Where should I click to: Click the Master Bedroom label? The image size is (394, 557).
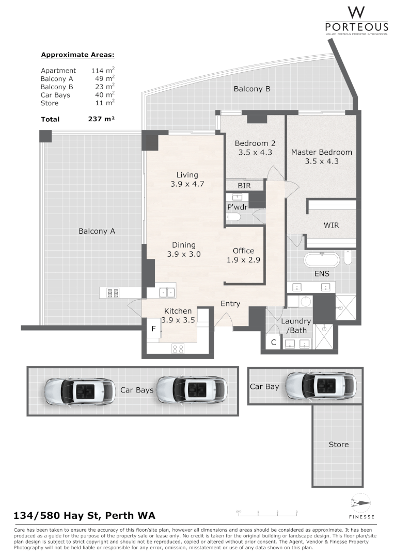pyautogui.click(x=321, y=152)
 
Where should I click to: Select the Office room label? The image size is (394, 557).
pyautogui.click(x=243, y=251)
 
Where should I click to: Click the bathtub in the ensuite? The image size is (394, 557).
pyautogui.click(x=321, y=259)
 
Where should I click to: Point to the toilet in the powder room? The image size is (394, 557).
pyautogui.click(x=234, y=217)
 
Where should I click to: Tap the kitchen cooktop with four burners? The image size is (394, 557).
pyautogui.click(x=178, y=349)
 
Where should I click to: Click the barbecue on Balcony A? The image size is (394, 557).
pyautogui.click(x=113, y=293)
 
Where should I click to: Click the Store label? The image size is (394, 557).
pyautogui.click(x=339, y=445)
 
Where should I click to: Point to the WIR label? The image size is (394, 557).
pyautogui.click(x=332, y=226)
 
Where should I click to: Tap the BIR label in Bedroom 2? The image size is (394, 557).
pyautogui.click(x=244, y=185)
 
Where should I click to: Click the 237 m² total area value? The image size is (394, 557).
pyautogui.click(x=101, y=119)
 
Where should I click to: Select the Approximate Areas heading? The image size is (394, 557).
pyautogui.click(x=77, y=55)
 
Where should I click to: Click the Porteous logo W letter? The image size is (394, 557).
pyautogui.click(x=356, y=12)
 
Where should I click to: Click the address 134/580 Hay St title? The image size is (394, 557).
pyautogui.click(x=84, y=516)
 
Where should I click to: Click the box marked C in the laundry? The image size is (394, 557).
pyautogui.click(x=274, y=342)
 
